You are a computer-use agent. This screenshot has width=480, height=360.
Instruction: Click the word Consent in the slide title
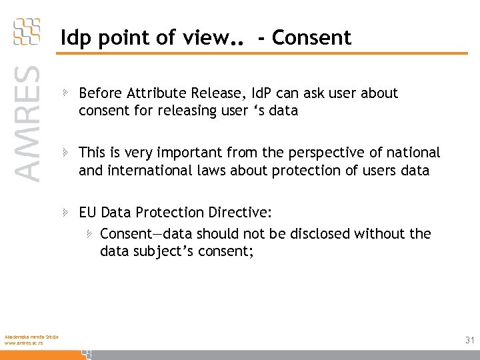[x=311, y=38]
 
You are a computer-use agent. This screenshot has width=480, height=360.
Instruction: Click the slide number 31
[x=469, y=340]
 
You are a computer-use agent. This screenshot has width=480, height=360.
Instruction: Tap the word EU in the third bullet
[x=88, y=213]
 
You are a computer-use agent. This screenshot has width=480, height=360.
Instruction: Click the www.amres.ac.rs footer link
[x=23, y=343]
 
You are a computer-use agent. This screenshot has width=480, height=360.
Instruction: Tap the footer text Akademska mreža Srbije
[x=31, y=336]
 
